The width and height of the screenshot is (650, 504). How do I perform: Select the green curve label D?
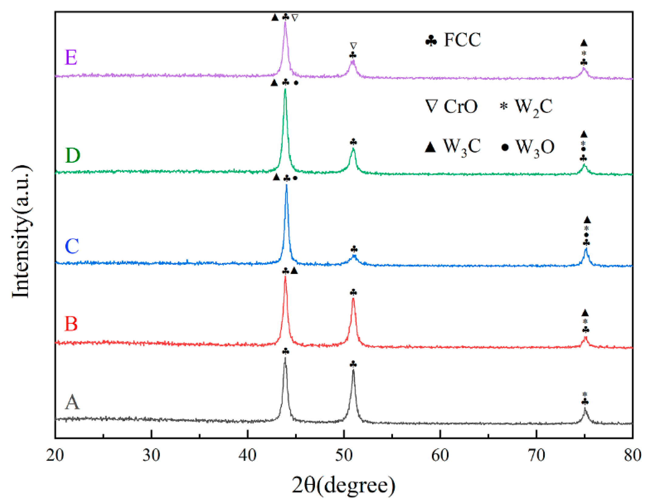coord(73,155)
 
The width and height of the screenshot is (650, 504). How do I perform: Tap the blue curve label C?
coord(72,246)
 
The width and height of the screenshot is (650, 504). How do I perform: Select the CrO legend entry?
coord(452,106)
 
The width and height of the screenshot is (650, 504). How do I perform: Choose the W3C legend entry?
coord(453,147)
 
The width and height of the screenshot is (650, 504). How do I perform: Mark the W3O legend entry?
coord(528,148)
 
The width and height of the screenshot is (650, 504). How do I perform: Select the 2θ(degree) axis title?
coord(344,485)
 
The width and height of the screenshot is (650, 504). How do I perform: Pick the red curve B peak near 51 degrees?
coord(353,299)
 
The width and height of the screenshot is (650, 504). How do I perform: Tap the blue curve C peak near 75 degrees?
coord(586,249)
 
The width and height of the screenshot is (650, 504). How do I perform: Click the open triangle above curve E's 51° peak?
coord(353,46)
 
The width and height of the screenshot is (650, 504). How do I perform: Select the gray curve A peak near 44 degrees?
coord(285,358)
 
